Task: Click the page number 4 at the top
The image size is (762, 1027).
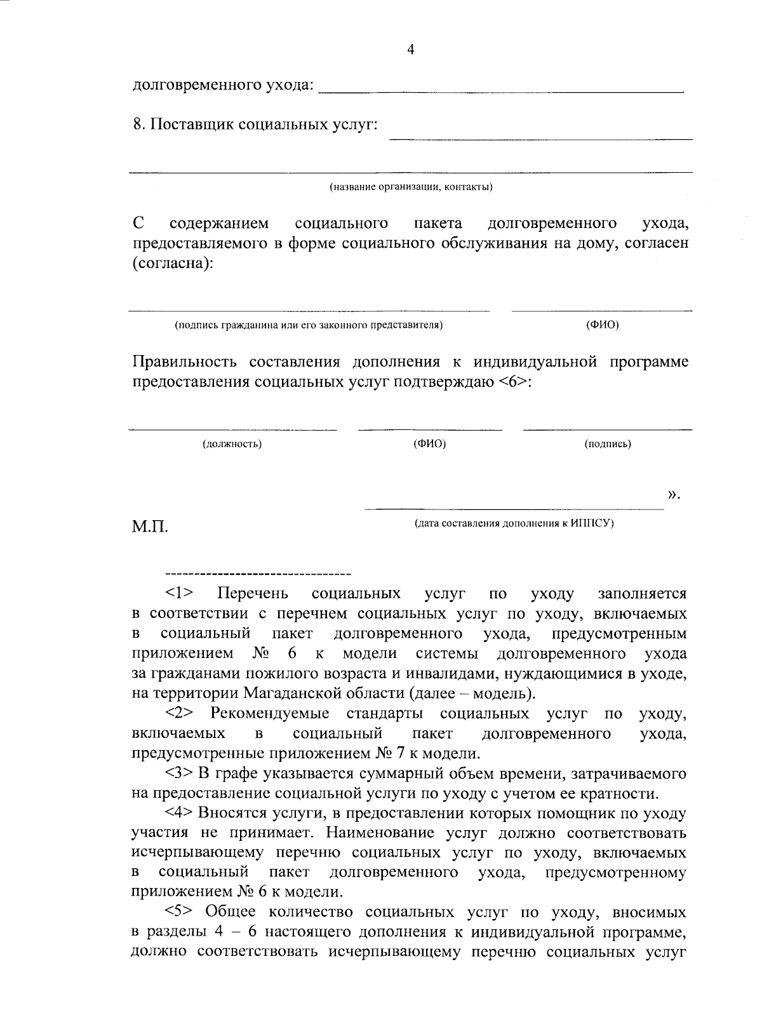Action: click(410, 50)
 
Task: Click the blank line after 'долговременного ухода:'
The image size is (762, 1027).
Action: click(500, 91)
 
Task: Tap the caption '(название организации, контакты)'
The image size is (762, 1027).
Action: click(410, 187)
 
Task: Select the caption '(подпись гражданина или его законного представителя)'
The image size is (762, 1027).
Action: click(309, 326)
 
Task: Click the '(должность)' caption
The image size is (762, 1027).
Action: click(232, 444)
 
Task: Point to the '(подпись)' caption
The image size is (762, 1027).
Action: click(607, 444)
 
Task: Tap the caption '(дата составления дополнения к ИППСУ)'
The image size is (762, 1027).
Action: click(514, 524)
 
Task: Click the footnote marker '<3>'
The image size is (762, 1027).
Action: click(180, 774)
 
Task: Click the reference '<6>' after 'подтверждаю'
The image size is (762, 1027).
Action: click(511, 382)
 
